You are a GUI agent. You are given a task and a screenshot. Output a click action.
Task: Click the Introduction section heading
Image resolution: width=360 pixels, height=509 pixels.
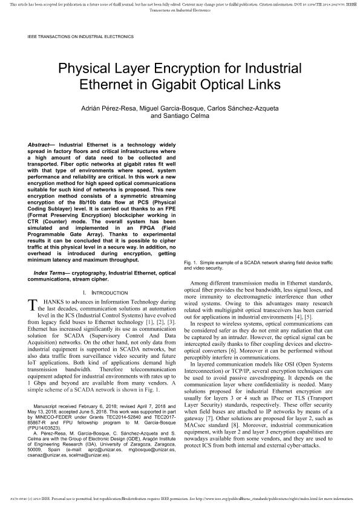point(100,293)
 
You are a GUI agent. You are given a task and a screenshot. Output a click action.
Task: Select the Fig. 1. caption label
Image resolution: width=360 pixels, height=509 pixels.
point(191,263)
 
